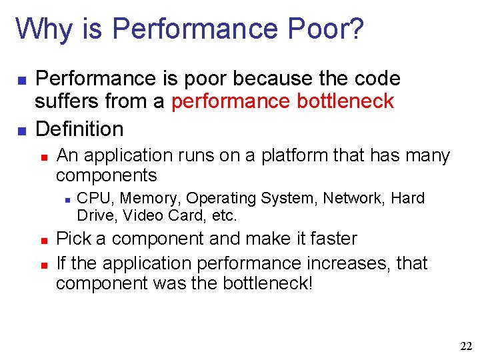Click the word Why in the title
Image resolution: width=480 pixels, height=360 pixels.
[40, 29]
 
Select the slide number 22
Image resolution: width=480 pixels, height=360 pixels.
[466, 346]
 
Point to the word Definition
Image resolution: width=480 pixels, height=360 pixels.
[79, 128]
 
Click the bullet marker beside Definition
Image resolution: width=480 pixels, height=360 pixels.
[21, 129]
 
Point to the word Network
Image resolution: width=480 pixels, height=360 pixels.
[355, 199]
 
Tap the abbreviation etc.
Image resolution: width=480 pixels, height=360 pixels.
[225, 216]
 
